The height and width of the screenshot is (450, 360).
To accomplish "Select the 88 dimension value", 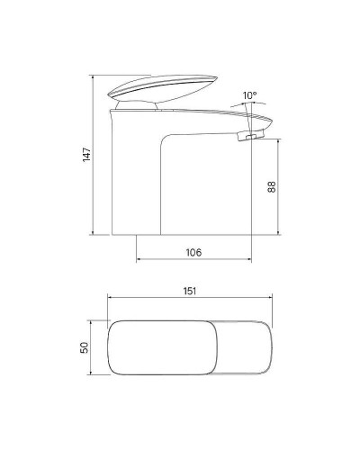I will coord(271,187).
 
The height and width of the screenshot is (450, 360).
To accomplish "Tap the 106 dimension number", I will coord(193,253).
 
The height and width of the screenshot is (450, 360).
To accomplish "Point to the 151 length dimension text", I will coord(190,291).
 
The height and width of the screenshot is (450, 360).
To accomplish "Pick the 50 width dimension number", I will coord(84,347).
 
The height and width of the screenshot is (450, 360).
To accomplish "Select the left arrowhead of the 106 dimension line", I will coord(139,261).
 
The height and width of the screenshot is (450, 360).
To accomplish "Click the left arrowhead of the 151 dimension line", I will coord(108,300).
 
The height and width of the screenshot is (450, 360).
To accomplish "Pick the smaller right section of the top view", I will coord(242,346).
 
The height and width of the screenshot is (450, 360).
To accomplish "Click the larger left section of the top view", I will coord(159,346).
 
